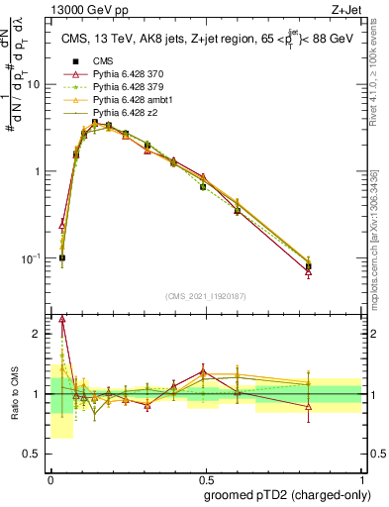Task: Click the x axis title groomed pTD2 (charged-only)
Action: tap(287, 494)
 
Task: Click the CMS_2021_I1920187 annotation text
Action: tap(205, 295)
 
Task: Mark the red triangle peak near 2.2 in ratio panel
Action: tap(62, 319)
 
